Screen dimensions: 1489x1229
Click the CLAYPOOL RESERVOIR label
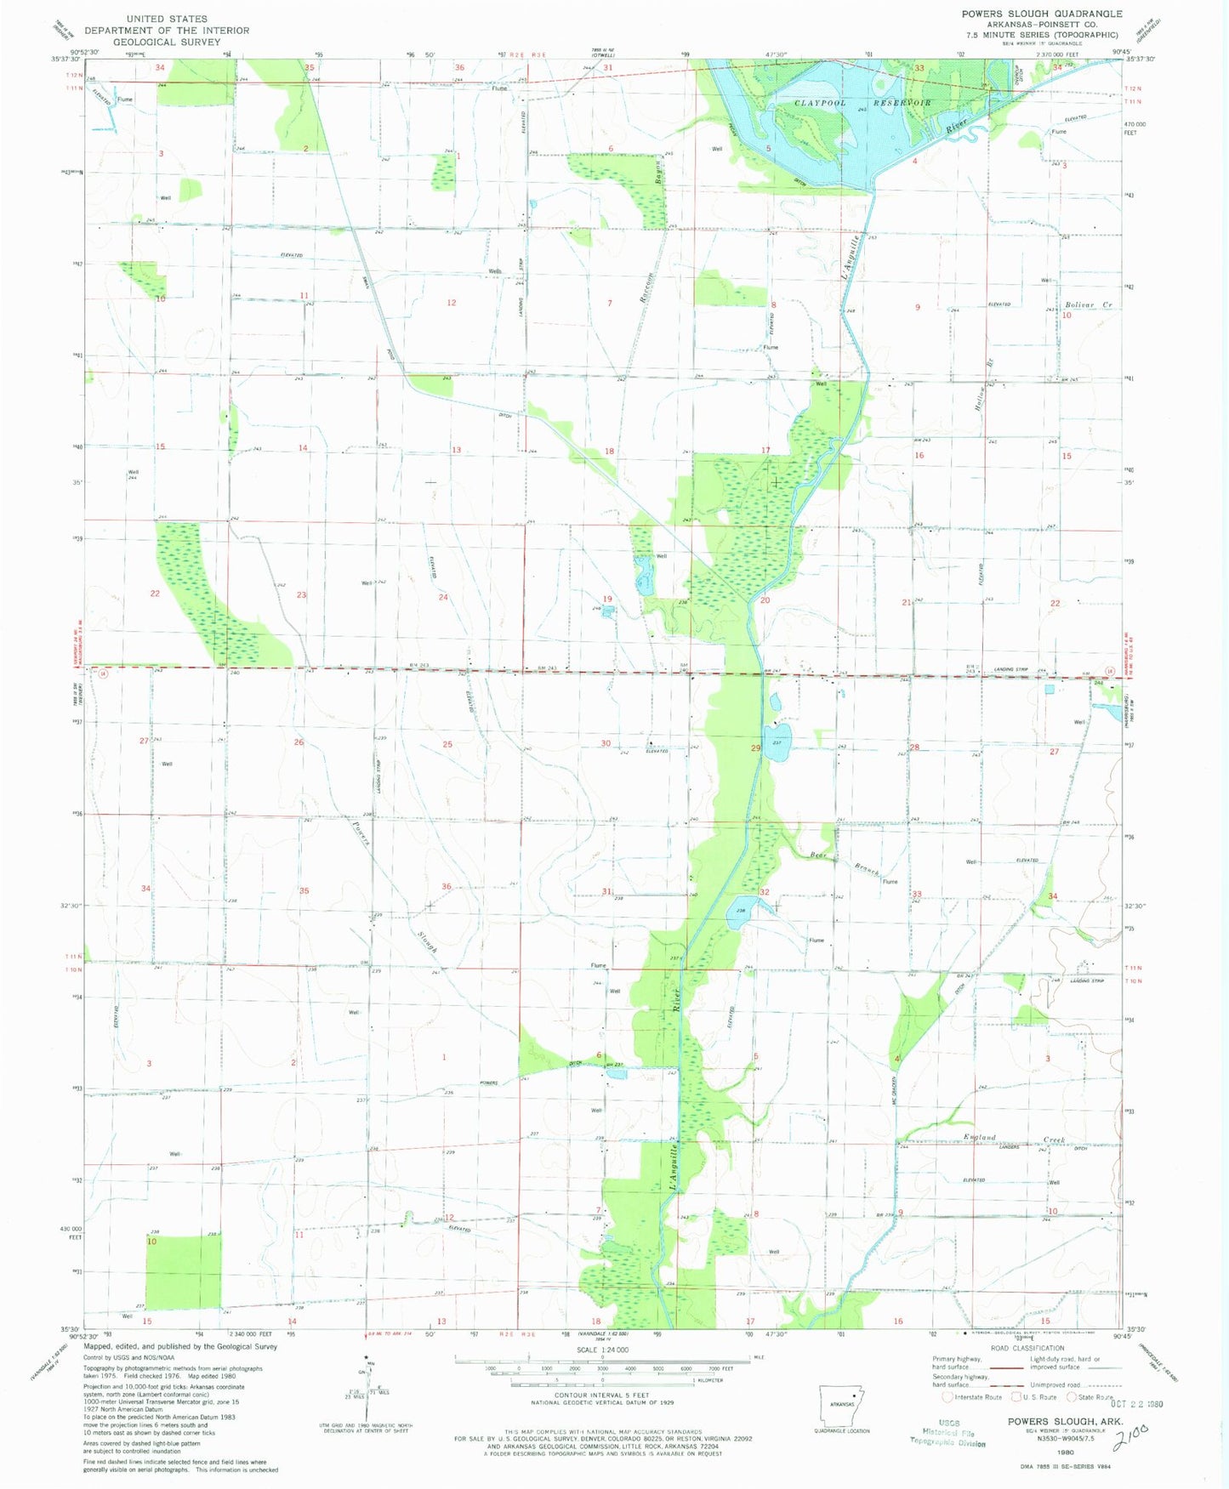(x=862, y=103)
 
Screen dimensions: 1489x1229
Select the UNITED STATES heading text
(x=166, y=19)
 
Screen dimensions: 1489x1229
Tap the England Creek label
(x=1013, y=1139)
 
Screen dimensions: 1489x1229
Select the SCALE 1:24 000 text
(x=602, y=1350)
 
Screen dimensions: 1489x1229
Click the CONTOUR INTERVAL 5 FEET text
(x=602, y=1395)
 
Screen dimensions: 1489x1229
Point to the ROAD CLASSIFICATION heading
(x=1027, y=1348)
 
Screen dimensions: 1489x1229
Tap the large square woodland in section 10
(x=183, y=1271)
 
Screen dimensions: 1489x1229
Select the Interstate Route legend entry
(x=973, y=1397)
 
